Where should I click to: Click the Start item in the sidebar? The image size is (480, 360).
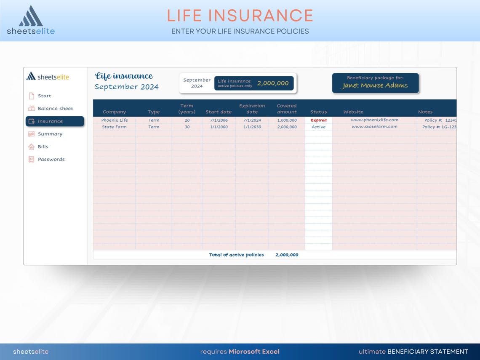[x=44, y=96]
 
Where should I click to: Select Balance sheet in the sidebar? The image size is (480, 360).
[x=55, y=109]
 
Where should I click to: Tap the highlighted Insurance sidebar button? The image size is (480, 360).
[x=55, y=121]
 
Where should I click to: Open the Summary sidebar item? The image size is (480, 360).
[x=50, y=134]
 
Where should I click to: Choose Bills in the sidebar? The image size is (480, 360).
[x=43, y=147]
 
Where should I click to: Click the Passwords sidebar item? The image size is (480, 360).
[x=51, y=160]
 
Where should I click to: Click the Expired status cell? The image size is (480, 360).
[x=318, y=120]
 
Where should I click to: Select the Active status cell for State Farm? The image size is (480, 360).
[x=318, y=127]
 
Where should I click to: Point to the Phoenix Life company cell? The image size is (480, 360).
[x=115, y=120]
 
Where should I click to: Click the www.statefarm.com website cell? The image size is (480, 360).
[x=374, y=127]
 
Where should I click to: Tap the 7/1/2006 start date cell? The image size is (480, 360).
[x=219, y=120]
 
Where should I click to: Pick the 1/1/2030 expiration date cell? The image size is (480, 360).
[x=252, y=127]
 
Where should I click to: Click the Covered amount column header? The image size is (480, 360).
[x=287, y=109]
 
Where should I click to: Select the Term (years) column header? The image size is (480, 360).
[x=187, y=109]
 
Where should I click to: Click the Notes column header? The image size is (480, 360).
[x=425, y=112]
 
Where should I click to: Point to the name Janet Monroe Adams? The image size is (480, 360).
[x=375, y=85]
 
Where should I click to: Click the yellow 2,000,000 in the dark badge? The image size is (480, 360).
[x=273, y=83]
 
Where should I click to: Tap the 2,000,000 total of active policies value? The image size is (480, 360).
[x=287, y=255]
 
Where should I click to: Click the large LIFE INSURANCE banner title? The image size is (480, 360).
[x=240, y=16]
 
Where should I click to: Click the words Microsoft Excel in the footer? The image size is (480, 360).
[x=254, y=352]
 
